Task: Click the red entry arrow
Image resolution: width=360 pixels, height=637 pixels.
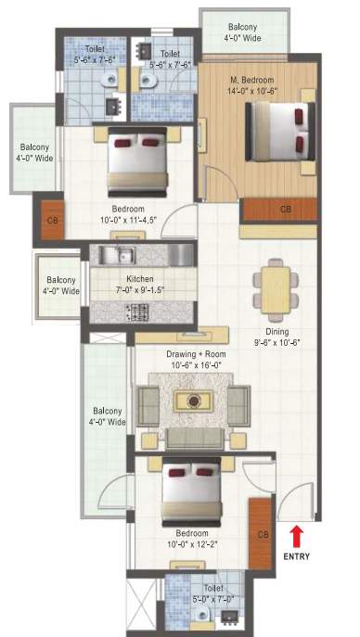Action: coord(297,535)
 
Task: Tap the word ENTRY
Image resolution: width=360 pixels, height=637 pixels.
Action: coord(297,556)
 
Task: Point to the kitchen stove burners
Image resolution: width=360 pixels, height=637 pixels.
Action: coord(139,312)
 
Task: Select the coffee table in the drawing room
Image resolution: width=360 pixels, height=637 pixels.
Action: coord(193,401)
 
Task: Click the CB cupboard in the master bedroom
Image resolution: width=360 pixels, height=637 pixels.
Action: coord(284,210)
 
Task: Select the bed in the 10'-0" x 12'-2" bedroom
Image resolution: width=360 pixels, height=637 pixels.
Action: coord(192,491)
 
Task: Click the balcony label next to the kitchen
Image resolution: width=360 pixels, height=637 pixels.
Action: coord(61,286)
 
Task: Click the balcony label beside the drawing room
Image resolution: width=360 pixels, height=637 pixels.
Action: coord(109,416)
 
